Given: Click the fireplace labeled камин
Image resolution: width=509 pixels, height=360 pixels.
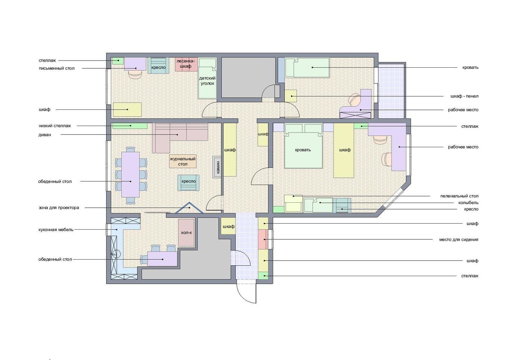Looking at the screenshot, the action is (x=217, y=167).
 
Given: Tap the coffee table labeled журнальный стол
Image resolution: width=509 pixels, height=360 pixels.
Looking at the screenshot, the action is (x=183, y=161).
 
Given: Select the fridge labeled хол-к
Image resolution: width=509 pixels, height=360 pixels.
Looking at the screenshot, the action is (x=186, y=233).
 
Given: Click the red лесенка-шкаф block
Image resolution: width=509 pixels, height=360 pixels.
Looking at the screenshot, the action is (x=186, y=64).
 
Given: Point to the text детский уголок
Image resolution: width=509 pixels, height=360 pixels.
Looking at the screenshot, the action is (x=207, y=81).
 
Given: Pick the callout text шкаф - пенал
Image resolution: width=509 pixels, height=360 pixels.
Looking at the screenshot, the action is (x=464, y=96).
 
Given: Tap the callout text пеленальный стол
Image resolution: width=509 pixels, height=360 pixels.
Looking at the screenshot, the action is (x=459, y=196).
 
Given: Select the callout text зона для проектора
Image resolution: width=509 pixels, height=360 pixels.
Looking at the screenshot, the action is (x=59, y=208).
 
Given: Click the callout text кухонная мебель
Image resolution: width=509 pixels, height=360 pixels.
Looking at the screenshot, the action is (x=56, y=230).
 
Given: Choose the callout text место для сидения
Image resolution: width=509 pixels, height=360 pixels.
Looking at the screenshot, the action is (x=459, y=239).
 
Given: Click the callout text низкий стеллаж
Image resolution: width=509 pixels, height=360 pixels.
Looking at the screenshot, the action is (x=55, y=126).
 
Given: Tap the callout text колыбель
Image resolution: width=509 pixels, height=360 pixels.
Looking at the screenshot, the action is (x=468, y=203).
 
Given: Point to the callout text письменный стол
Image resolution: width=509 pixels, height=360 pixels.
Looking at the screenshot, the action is (x=56, y=68).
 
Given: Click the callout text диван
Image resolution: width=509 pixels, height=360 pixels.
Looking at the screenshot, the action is (x=45, y=135).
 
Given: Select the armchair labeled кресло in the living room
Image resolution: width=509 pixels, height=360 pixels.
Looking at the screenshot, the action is (x=188, y=183).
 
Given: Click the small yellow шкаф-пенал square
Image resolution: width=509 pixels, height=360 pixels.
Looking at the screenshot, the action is (x=291, y=96).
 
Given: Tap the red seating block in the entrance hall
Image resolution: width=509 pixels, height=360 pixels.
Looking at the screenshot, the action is (x=263, y=239).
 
